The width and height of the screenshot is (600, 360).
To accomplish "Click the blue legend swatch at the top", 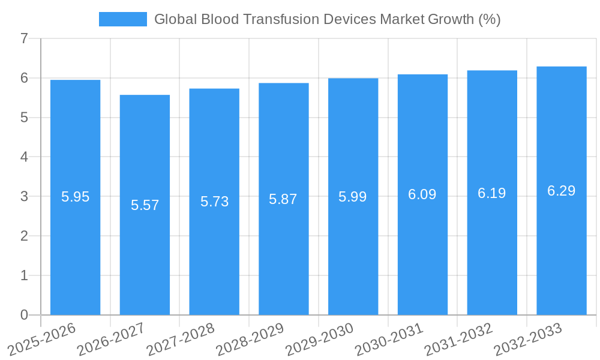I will click(x=122, y=19).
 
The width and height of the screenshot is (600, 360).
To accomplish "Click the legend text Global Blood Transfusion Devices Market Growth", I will click(x=327, y=19).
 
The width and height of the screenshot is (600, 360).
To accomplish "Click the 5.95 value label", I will click(x=75, y=197).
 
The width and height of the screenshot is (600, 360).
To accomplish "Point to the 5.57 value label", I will click(x=145, y=205).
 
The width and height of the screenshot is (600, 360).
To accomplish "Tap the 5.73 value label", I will click(x=214, y=202).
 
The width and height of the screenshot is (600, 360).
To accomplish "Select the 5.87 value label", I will click(x=283, y=199).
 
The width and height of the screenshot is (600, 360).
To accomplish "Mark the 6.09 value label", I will click(x=422, y=194).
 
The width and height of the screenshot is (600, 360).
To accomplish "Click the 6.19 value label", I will click(x=492, y=193).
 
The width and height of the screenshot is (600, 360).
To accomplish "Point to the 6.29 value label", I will click(x=561, y=191).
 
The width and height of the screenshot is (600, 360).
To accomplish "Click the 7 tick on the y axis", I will click(x=24, y=38).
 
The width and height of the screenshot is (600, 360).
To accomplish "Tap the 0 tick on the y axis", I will click(x=24, y=315).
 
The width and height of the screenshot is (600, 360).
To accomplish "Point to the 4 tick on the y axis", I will click(x=24, y=157).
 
